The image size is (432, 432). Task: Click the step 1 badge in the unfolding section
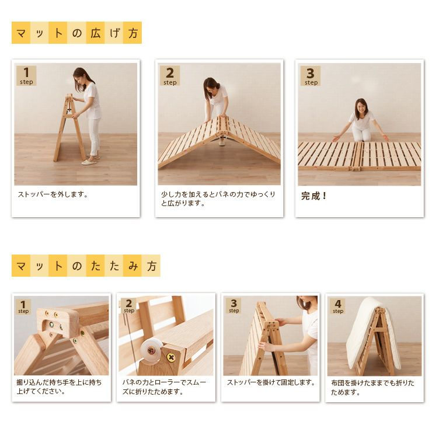(26, 76)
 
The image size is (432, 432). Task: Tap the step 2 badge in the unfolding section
(170, 76)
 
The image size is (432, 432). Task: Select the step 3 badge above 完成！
(311, 76)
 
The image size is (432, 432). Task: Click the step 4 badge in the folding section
(338, 306)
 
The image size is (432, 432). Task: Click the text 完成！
(313, 196)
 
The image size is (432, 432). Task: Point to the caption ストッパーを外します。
(53, 194)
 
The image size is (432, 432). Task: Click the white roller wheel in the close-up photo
(151, 350)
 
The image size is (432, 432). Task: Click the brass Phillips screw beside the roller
(172, 358)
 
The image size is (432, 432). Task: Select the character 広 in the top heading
(95, 33)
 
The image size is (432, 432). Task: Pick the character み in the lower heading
(133, 266)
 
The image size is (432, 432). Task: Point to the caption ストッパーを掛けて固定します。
(271, 382)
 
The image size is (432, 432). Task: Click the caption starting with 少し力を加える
(218, 198)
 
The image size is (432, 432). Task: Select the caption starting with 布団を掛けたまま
(373, 388)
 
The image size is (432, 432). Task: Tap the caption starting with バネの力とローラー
(164, 387)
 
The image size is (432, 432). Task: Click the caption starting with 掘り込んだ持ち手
(59, 386)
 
